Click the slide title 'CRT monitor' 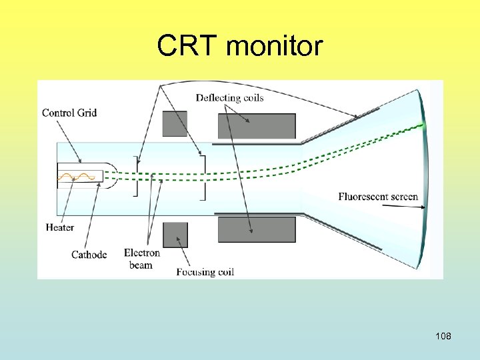coord(240,46)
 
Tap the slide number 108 coord(443,336)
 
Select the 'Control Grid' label coord(69,113)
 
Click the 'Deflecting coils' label coord(229,98)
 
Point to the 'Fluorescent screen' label coord(378,197)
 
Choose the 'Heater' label coord(60,227)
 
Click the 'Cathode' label coord(89,255)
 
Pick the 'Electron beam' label coord(142,259)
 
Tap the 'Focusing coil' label coord(205,272)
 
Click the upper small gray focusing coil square coord(175,124)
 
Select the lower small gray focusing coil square coord(175,235)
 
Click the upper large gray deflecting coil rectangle coord(257,126)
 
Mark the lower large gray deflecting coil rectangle coord(257,229)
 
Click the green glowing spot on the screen coord(421,125)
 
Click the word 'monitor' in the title coord(275,46)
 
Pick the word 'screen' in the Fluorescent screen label coord(402,197)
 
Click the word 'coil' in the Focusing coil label coord(225,272)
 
